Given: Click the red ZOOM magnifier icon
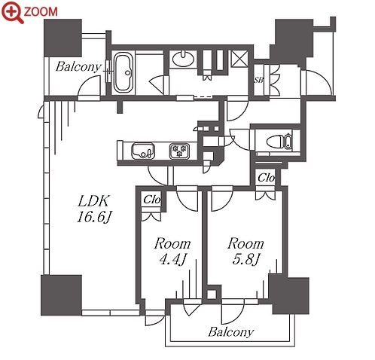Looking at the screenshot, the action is point(12,12).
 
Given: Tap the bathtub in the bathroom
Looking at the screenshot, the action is point(123,73).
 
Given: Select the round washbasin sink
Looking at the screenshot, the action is point(184,59).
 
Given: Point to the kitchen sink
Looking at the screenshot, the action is point(142,151).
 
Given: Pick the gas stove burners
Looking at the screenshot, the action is point(179,151).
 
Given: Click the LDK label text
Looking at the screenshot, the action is point(94,202).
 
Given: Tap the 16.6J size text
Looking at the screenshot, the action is point(94,217).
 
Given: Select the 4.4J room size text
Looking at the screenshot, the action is point(172,259).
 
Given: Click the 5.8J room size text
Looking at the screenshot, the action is point(245,259).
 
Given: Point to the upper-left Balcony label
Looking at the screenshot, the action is point(78,67).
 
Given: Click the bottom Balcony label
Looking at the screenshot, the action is point(231,332).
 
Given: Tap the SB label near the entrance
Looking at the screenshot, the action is point(258,81).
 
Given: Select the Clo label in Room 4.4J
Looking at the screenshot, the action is point(151,200).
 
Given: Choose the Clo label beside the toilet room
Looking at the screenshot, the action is point(266,178).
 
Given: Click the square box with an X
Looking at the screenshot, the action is point(239,59).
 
